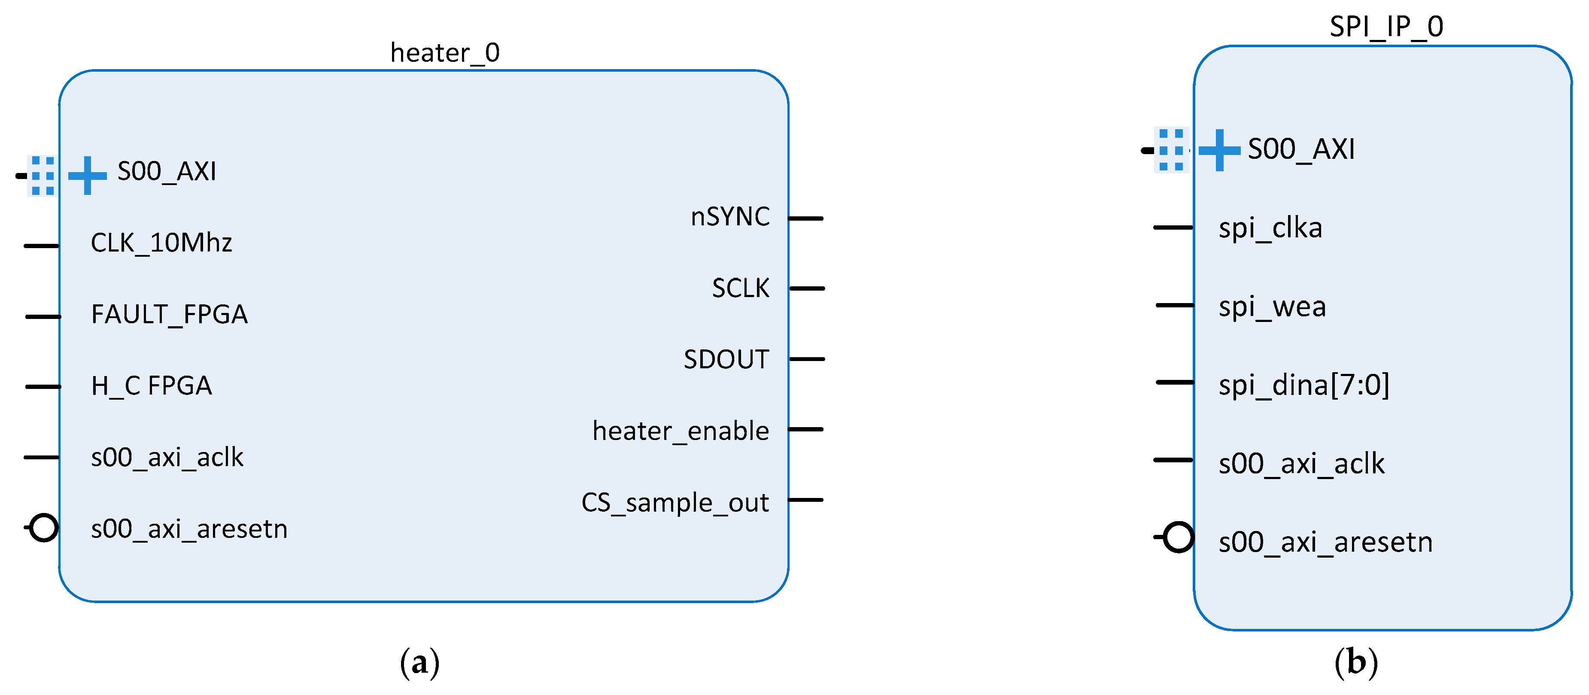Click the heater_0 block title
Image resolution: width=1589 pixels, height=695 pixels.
point(445,53)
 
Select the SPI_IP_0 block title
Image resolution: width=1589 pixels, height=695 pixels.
point(1386,27)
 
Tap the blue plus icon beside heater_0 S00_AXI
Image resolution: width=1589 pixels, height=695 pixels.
point(87,176)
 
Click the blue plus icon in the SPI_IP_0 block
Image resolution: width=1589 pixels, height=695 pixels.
point(1219,150)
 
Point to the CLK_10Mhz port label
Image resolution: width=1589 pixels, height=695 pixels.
point(161,243)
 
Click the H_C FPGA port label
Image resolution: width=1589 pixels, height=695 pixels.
point(151,386)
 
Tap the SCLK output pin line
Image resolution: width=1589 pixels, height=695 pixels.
point(807,288)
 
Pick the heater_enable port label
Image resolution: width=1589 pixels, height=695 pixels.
point(681,431)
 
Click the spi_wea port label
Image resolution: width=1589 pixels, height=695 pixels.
point(1272,307)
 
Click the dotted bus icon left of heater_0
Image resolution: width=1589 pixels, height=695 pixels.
point(43,176)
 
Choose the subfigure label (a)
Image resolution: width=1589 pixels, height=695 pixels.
point(419,663)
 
